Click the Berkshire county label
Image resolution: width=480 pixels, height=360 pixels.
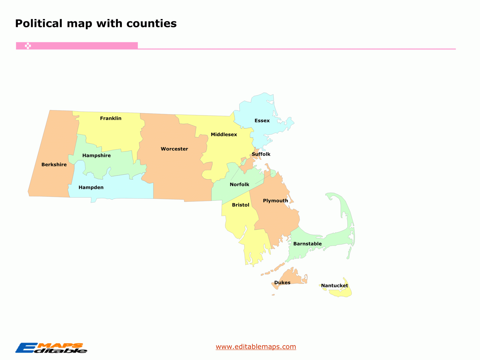(54, 165)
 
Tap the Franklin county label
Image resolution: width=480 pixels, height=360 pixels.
(111, 118)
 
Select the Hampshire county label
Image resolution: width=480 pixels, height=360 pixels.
(96, 155)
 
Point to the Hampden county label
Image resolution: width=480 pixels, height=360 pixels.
(91, 187)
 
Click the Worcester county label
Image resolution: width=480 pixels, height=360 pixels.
(174, 149)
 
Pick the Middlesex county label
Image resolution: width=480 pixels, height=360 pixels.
(224, 134)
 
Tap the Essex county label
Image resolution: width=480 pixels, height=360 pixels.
(262, 121)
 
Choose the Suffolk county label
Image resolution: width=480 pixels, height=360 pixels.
(261, 154)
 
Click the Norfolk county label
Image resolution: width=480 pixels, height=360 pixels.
(240, 185)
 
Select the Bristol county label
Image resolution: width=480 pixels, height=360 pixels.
(240, 205)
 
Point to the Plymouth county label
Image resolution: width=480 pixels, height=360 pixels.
(275, 201)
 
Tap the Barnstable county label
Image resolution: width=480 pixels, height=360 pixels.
(307, 244)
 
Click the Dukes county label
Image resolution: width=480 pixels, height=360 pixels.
(282, 282)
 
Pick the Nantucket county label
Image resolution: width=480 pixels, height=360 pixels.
(334, 286)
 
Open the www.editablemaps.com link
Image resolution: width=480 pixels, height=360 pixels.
(256, 347)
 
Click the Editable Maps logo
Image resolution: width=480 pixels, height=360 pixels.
(51, 348)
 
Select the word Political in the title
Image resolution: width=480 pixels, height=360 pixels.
(39, 23)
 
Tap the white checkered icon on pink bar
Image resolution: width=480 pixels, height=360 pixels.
(28, 46)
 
